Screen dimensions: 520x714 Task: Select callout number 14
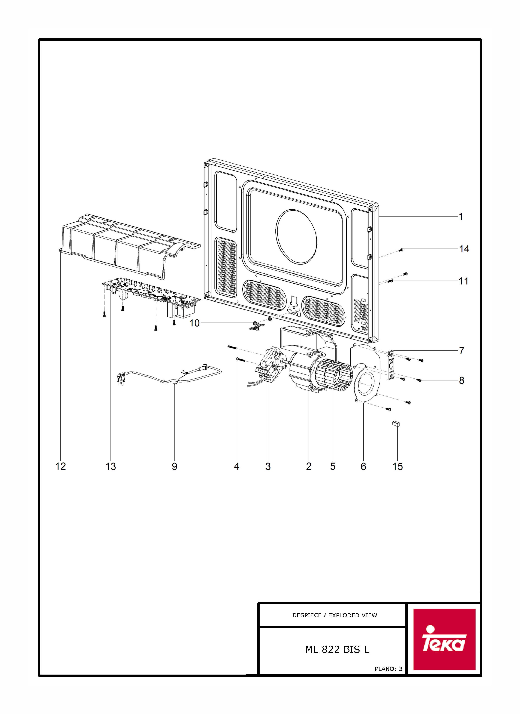464,249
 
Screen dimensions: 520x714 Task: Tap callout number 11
463,281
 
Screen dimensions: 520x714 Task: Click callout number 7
461,351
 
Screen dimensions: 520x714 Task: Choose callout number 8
461,381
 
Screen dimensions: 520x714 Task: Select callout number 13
110,466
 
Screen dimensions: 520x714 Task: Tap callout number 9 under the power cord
174,466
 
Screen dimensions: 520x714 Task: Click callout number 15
397,466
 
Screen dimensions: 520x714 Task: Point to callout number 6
363,466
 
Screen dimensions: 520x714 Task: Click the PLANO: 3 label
388,669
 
